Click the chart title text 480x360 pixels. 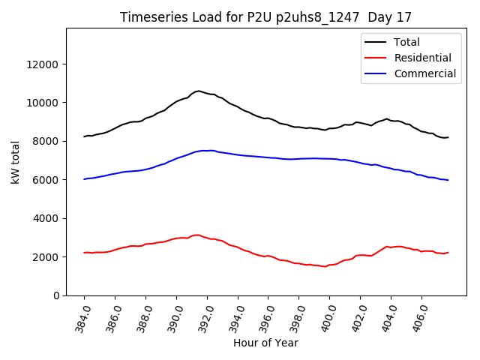tap(265, 17)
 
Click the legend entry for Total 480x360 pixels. tap(406, 42)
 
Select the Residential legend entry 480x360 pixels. tap(422, 58)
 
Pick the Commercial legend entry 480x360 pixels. tap(424, 73)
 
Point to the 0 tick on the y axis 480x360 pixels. tap(56, 295)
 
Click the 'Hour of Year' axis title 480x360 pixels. tap(265, 343)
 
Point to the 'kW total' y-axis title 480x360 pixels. tap(15, 162)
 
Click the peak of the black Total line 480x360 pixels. tap(198, 91)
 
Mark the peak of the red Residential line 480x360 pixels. tap(196, 235)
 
